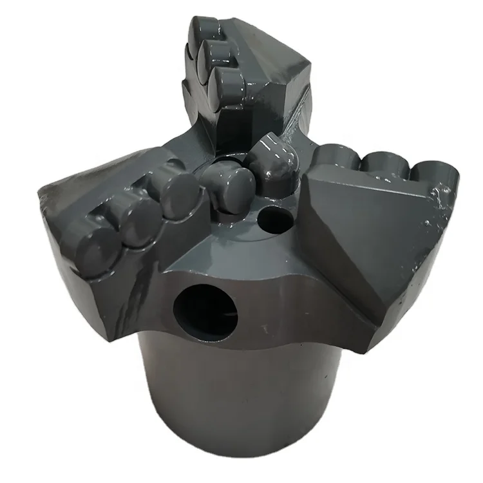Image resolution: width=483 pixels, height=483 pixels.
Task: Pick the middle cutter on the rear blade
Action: tap(216, 55)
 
